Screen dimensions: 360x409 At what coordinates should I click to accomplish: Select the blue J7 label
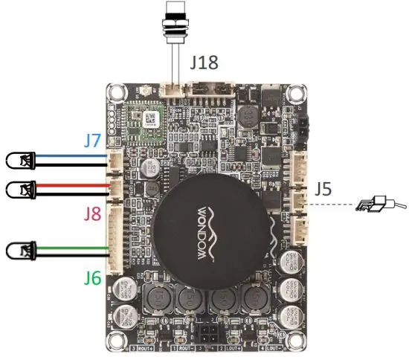pyautogui.click(x=93, y=139)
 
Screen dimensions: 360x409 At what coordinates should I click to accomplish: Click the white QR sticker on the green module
pyautogui.click(x=151, y=118)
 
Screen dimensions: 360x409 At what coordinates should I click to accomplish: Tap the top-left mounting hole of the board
pyautogui.click(x=115, y=93)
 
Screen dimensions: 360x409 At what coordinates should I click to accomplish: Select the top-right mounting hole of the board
pyautogui.click(x=296, y=94)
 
